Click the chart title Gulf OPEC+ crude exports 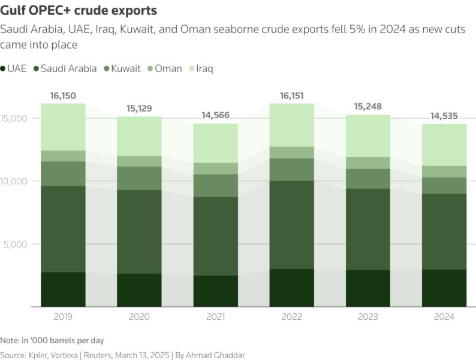click(79, 11)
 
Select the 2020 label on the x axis click(138, 317)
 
